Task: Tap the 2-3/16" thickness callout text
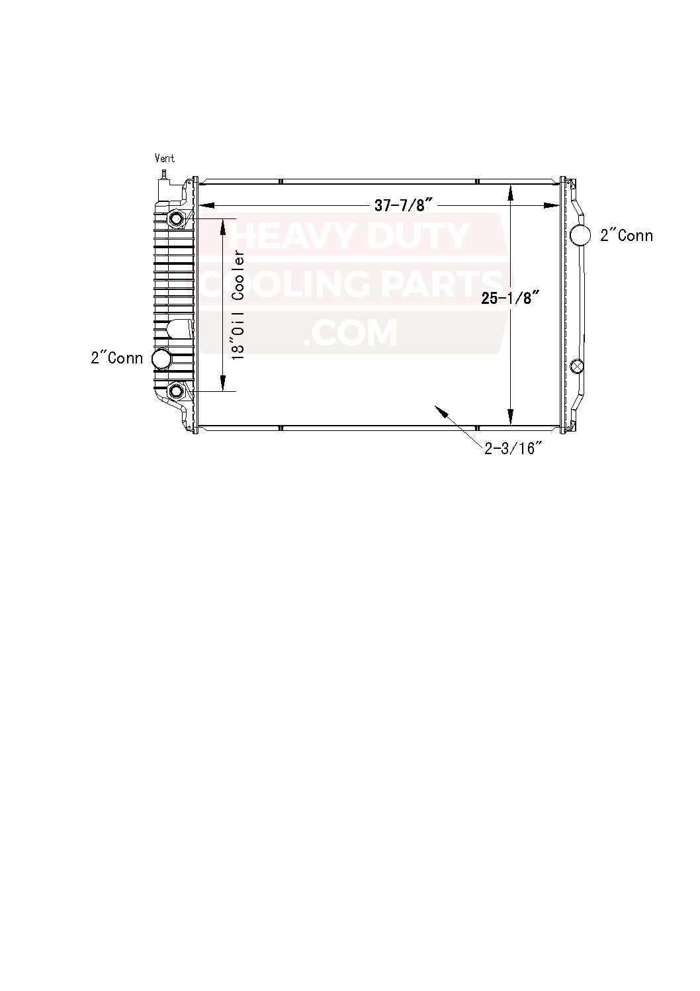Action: [513, 449]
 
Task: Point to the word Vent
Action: [165, 158]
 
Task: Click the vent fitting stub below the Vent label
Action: [163, 173]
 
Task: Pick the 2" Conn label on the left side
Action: [117, 357]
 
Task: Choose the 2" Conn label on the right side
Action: [627, 236]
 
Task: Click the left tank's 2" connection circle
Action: [161, 358]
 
